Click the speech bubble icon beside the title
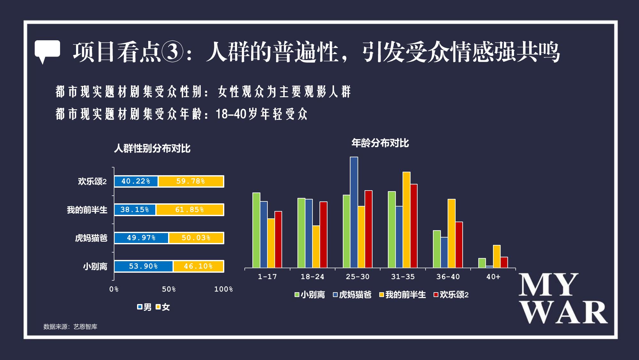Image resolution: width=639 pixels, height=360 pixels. [47, 51]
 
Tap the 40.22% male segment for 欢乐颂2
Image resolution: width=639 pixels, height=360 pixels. [136, 181]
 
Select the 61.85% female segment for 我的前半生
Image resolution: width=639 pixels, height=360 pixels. [190, 210]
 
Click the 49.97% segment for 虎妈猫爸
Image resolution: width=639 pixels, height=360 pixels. [141, 238]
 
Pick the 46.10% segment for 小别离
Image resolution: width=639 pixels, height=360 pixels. [198, 266]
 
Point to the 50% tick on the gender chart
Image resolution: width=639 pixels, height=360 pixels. [169, 289]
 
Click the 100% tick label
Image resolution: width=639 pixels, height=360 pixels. [223, 289]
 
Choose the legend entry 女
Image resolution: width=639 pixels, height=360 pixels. [163, 307]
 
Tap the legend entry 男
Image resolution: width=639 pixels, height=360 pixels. [144, 307]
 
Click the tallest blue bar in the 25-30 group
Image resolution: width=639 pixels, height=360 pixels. [354, 212]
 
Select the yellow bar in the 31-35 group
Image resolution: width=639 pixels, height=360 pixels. [406, 220]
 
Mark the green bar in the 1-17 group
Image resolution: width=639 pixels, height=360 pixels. [256, 230]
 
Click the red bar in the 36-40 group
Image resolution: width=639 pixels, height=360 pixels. [459, 245]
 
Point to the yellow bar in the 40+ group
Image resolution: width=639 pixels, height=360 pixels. [497, 256]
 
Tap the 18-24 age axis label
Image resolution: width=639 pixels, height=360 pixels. [312, 277]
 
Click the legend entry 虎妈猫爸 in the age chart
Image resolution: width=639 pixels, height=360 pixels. [352, 295]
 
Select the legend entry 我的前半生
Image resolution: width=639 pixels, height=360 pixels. [403, 295]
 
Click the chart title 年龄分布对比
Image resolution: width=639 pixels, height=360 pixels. [380, 143]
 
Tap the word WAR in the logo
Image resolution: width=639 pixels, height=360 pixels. [564, 312]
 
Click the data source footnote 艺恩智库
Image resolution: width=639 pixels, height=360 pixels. [85, 327]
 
